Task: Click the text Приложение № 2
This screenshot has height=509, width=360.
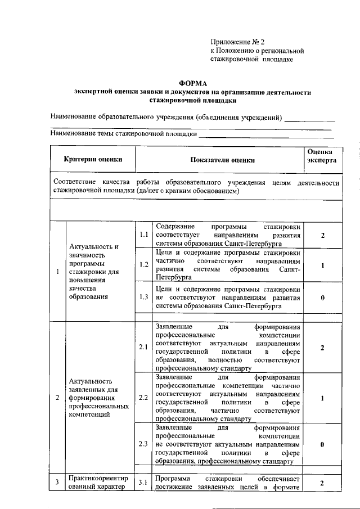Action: [237, 42]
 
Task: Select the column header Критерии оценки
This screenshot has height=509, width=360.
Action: [93, 160]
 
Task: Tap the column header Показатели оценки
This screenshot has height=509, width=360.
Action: [222, 160]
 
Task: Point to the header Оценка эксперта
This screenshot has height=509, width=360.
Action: [322, 156]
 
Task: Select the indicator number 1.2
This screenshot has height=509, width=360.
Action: [143, 264]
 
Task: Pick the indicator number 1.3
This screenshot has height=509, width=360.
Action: [143, 296]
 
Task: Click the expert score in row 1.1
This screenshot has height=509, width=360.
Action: [322, 235]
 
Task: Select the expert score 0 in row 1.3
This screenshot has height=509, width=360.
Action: [322, 297]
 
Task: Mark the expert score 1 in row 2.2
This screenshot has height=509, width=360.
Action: [322, 398]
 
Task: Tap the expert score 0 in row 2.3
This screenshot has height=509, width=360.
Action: [322, 444]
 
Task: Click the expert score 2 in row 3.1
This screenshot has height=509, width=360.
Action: [322, 483]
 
